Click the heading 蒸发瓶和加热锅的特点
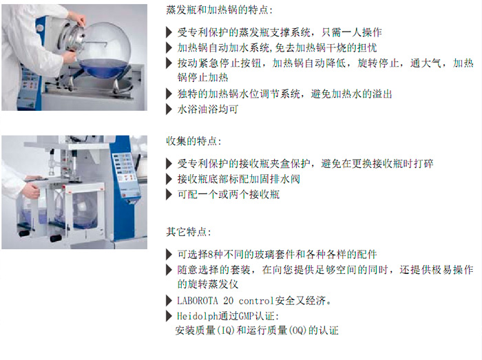[x=219, y=10]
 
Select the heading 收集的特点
[x=193, y=141]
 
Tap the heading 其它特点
[x=189, y=231]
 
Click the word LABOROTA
[x=198, y=300]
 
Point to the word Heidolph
[x=198, y=316]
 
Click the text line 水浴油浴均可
[x=208, y=109]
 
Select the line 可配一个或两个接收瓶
[x=229, y=194]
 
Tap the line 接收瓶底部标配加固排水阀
[x=238, y=179]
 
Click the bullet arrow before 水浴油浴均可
[x=169, y=109]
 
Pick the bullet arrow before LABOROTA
[x=169, y=301]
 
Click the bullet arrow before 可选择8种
[x=169, y=254]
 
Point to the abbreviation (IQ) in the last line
[x=226, y=330]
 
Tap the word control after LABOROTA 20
[x=256, y=301]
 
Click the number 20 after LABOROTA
[x=229, y=301]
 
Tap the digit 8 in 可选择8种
[x=211, y=254]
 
